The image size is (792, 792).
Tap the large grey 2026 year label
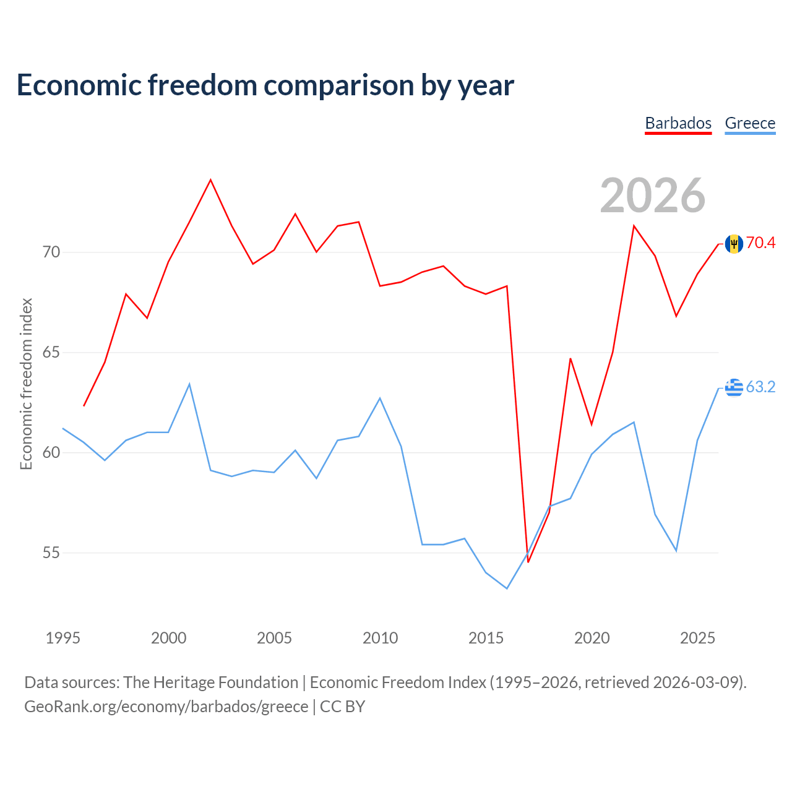pyautogui.click(x=652, y=196)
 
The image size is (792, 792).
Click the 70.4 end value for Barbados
pyautogui.click(x=760, y=243)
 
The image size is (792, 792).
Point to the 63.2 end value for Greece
pyautogui.click(x=760, y=387)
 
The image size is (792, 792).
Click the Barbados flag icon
pyautogui.click(x=734, y=244)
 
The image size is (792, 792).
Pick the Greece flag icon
pyautogui.click(x=734, y=387)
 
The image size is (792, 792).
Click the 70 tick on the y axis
pyautogui.click(x=51, y=252)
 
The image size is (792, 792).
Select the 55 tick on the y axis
pyautogui.click(x=51, y=553)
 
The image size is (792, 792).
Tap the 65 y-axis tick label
pyautogui.click(x=51, y=352)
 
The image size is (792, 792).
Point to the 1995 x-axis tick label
pyautogui.click(x=63, y=638)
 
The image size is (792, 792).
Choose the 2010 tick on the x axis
pyautogui.click(x=380, y=638)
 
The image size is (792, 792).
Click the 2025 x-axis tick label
pyautogui.click(x=697, y=638)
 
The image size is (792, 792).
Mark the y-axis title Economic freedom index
pyautogui.click(x=27, y=384)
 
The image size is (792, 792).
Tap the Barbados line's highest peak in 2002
pyautogui.click(x=210, y=179)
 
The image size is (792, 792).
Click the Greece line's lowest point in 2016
pyautogui.click(x=507, y=588)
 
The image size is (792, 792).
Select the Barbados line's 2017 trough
pyautogui.click(x=528, y=562)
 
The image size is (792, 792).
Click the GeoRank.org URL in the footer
pyautogui.click(x=166, y=707)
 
